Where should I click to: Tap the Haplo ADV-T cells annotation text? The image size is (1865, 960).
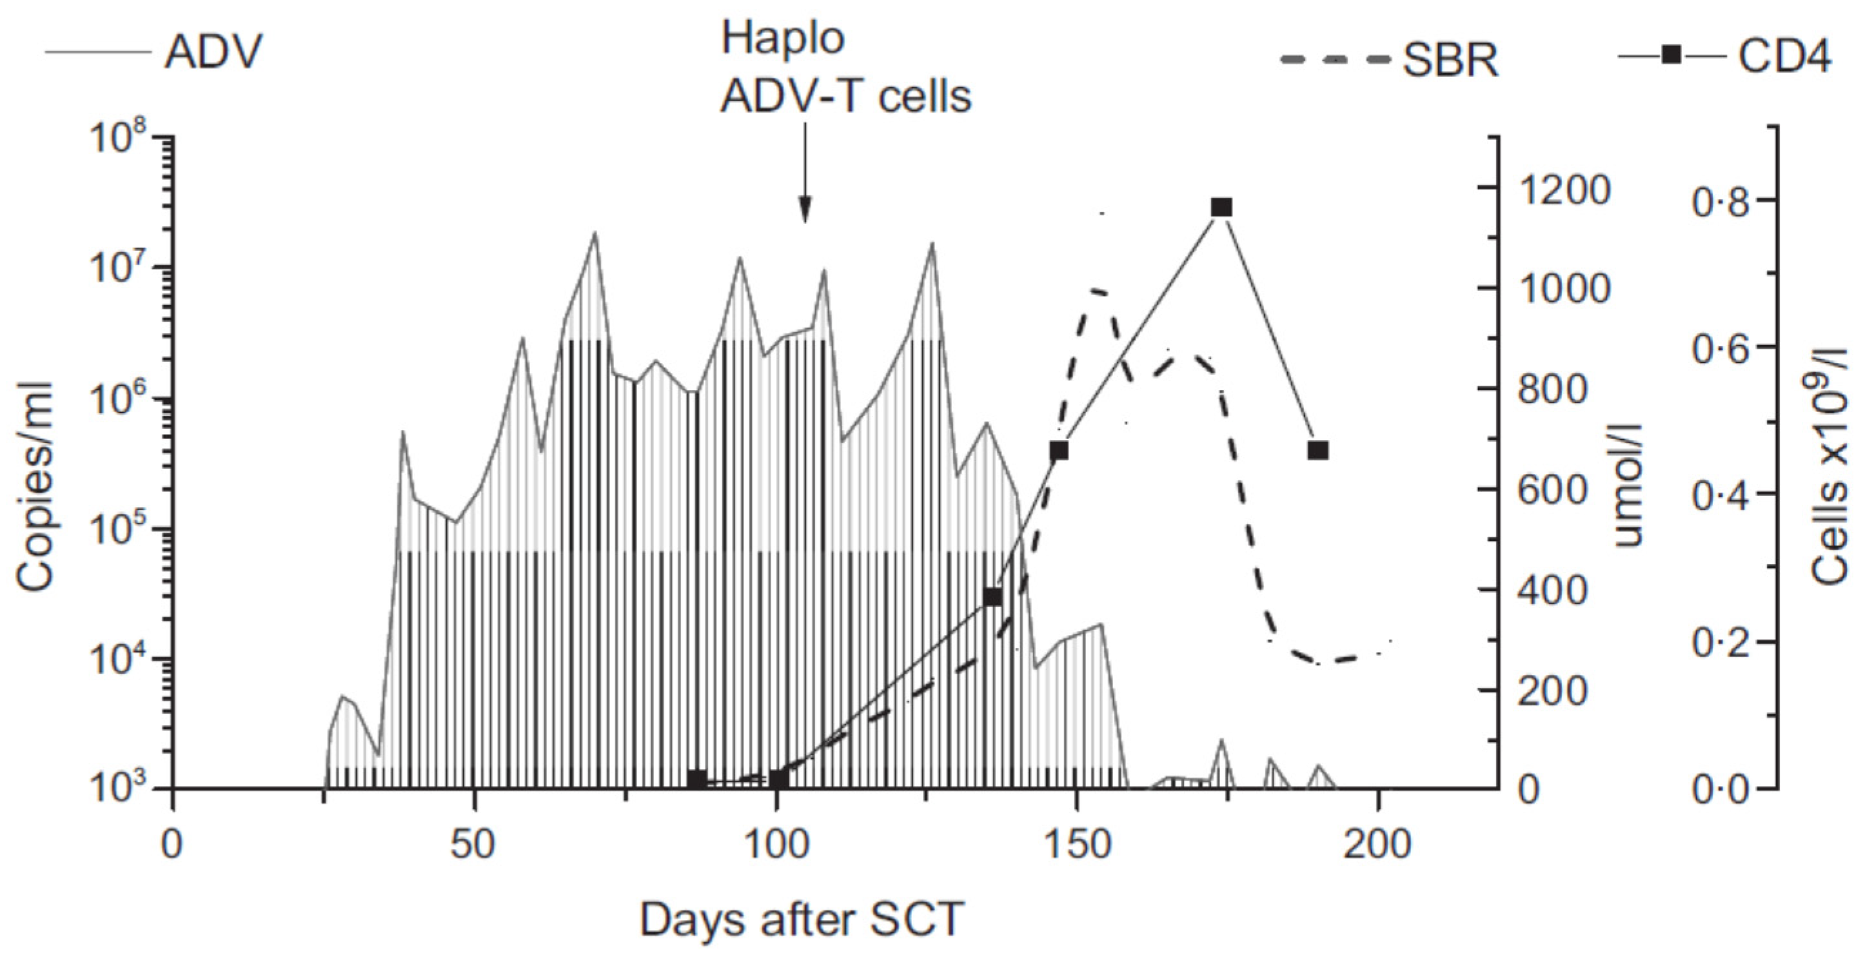point(844,76)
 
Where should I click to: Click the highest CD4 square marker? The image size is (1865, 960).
point(1221,208)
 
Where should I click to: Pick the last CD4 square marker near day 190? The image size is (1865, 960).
point(1317,450)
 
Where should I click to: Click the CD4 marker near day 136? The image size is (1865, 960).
point(993,597)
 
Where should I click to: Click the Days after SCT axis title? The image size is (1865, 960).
point(802,919)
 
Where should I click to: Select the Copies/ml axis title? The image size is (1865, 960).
point(36,487)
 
